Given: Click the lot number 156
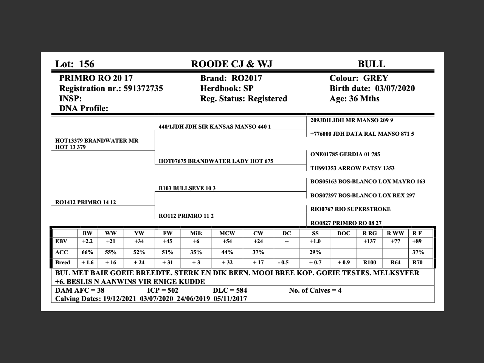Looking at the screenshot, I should click(87, 64).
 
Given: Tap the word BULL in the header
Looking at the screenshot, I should click(371, 64).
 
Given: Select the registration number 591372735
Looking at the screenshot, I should click(143, 88).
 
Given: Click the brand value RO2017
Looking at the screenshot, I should click(247, 78).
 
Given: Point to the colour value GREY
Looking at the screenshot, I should click(375, 78).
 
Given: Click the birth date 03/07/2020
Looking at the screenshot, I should click(395, 88).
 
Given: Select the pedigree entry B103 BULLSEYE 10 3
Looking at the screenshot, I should click(187, 188).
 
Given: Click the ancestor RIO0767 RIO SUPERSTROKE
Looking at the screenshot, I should click(350, 209).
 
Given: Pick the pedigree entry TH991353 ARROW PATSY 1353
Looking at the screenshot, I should click(352, 168).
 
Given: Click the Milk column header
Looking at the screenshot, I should click(196, 233).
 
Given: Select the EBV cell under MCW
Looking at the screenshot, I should click(227, 242).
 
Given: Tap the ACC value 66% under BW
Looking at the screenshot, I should click(87, 252).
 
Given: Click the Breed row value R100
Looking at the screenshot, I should click(369, 262).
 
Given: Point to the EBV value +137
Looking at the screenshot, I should click(369, 242).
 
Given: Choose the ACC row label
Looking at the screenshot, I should click(62, 252).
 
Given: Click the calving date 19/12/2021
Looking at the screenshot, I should click(120, 299).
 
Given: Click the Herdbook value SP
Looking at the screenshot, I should click(248, 88).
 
